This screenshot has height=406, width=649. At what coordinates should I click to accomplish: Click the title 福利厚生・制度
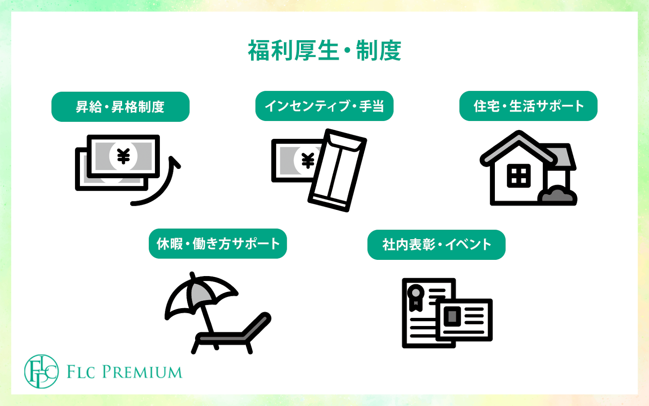click(x=324, y=51)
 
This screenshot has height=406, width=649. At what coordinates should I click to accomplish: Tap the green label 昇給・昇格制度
click(x=120, y=107)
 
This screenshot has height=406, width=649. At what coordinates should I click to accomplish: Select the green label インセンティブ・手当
click(x=324, y=106)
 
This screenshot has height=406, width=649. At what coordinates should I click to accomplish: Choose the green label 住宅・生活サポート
click(x=528, y=106)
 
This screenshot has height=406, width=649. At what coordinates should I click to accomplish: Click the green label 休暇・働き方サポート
click(x=218, y=244)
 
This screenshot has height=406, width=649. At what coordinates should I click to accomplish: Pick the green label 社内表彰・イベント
click(x=436, y=245)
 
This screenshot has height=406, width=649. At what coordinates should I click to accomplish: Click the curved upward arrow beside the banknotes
click(x=162, y=187)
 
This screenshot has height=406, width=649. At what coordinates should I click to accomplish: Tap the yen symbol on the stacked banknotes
click(x=123, y=156)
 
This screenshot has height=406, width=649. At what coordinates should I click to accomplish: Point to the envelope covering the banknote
click(x=337, y=171)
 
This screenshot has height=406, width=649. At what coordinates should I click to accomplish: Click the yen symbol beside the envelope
click(x=308, y=161)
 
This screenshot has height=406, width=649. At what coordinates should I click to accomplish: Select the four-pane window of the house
click(x=518, y=176)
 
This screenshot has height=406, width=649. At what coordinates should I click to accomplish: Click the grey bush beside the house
click(x=557, y=195)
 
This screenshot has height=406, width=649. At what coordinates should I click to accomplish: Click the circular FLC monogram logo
click(x=41, y=371)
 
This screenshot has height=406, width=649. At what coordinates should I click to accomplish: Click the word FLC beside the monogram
click(x=81, y=372)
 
